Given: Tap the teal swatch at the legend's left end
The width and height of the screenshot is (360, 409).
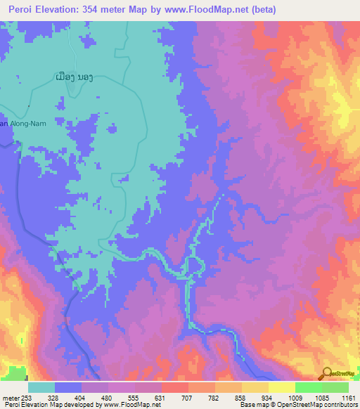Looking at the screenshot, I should pyautogui.click(x=41, y=387).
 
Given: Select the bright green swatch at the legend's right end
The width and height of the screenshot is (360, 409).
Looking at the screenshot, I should pyautogui.click(x=335, y=387).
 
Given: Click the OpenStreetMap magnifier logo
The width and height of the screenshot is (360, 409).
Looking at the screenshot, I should pyautogui.click(x=326, y=373).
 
